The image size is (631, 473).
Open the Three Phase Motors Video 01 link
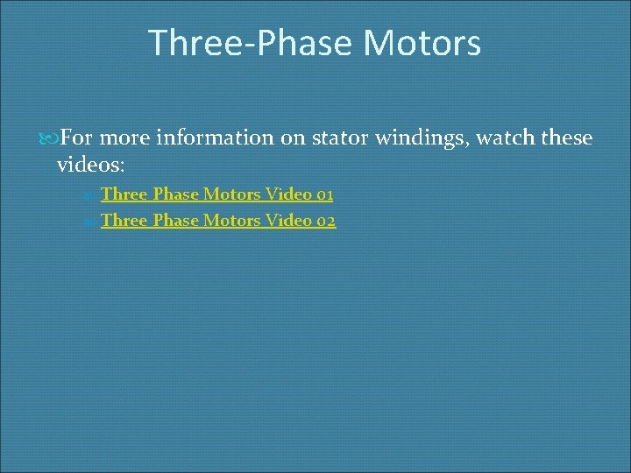tap(216, 194)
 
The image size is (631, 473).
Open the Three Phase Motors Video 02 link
tap(217, 221)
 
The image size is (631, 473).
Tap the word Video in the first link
tap(286, 194)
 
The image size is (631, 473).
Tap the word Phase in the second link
tap(175, 221)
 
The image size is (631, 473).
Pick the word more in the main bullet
tap(128, 138)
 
